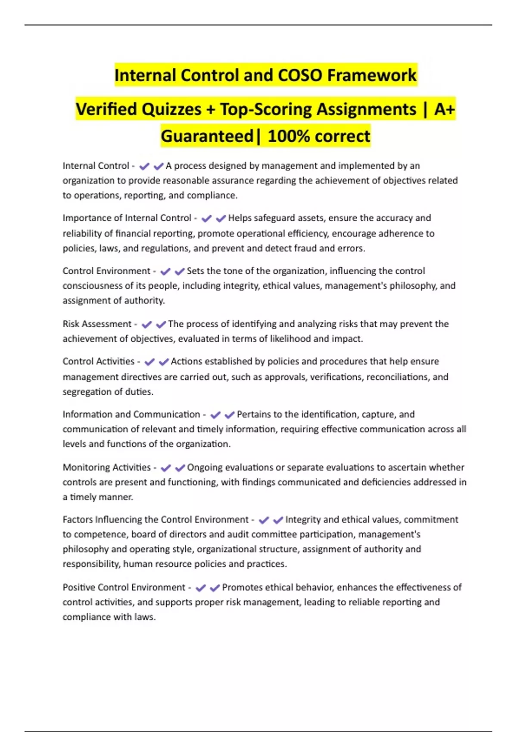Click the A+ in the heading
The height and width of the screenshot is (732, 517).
pos(444,109)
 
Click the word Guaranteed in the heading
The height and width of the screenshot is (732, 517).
pos(207,136)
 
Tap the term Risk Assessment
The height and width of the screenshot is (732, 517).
pos(97,324)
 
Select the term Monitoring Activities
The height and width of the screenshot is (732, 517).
pos(106,467)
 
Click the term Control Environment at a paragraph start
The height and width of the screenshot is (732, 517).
pos(106,271)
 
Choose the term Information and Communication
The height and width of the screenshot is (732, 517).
pos(131,414)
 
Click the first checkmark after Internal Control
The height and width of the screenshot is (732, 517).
pos(144,166)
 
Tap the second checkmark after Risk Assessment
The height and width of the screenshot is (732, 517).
pos(161,324)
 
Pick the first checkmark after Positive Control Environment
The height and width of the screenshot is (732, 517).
pos(200,588)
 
